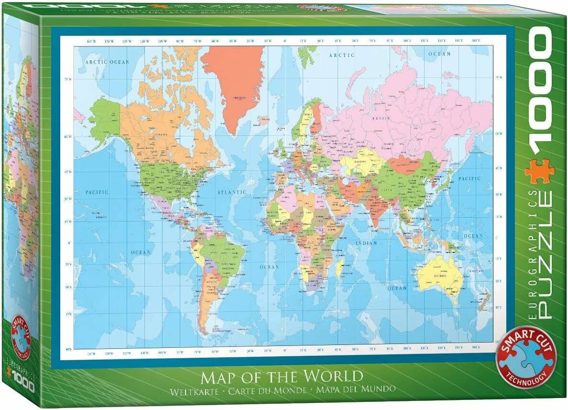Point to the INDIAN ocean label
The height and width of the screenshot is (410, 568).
(x=366, y=243)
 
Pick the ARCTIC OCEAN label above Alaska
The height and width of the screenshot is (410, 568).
(x=107, y=62)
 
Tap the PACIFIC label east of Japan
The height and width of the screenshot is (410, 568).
(x=469, y=178)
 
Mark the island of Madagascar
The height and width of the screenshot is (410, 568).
(x=339, y=267)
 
